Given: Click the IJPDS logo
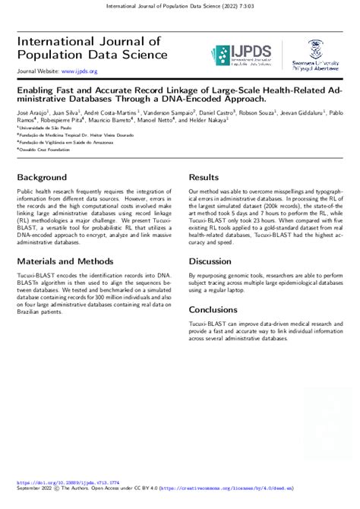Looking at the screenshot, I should (238, 55).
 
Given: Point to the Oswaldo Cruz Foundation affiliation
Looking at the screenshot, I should (46, 149).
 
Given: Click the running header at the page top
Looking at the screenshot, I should (180, 6).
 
